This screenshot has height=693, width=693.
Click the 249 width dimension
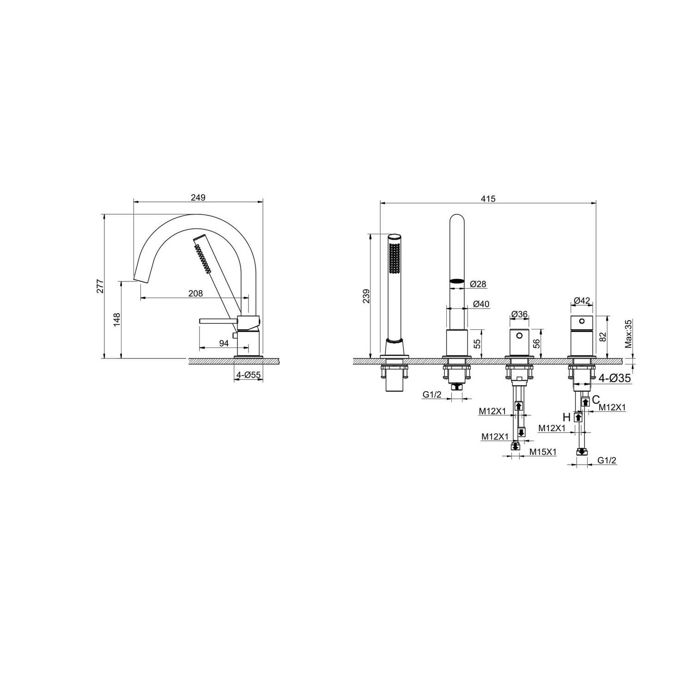198,197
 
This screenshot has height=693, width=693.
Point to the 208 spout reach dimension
195,293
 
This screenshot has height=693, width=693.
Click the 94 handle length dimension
224,343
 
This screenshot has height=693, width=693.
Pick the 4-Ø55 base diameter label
249,375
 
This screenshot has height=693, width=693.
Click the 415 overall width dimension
488,199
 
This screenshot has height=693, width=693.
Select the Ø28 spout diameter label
478,284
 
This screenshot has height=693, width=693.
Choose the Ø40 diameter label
481,304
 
